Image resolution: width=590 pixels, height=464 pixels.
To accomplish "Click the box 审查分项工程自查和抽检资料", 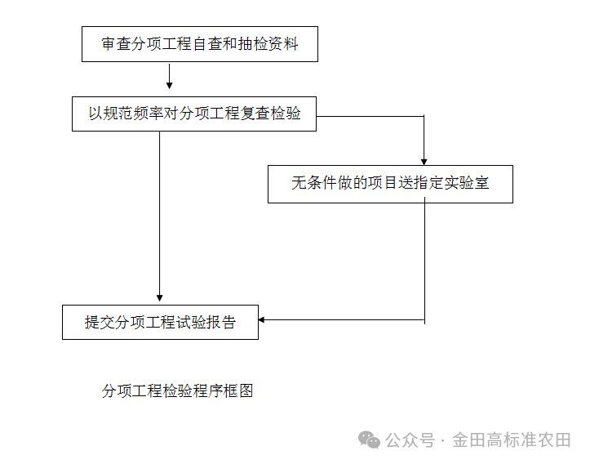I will coord(199,44).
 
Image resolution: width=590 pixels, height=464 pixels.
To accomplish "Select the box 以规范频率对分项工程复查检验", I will coord(194,114).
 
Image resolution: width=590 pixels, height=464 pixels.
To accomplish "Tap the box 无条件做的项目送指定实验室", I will coord(390,184).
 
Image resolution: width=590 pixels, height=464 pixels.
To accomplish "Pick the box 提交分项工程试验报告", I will coord(160,322).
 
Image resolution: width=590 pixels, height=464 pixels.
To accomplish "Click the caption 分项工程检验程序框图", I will coord(178,391).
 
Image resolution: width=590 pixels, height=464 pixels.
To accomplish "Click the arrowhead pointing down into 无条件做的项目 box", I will coord(424,160).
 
